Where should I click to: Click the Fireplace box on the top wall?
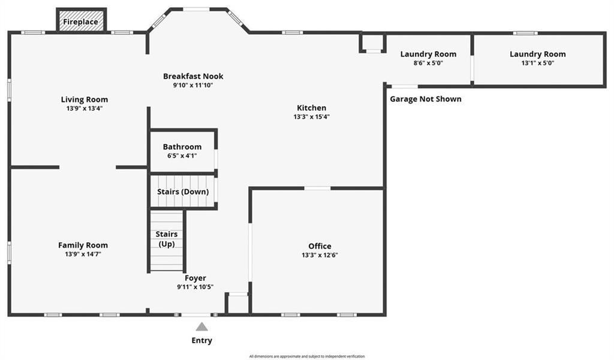pyautogui.click(x=81, y=22)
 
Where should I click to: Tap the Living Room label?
pyautogui.click(x=85, y=100)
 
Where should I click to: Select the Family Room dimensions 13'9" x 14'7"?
pyautogui.click(x=83, y=254)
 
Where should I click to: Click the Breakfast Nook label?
pyautogui.click(x=193, y=76)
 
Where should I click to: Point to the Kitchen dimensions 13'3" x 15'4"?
pyautogui.click(x=312, y=117)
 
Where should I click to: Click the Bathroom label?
pyautogui.click(x=182, y=147)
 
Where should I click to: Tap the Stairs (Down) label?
pyautogui.click(x=182, y=192)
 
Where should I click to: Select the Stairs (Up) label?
pyautogui.click(x=166, y=239)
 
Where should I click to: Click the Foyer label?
pyautogui.click(x=195, y=278)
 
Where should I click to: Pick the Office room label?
pyautogui.click(x=320, y=246)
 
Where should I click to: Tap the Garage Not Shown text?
pyautogui.click(x=426, y=99)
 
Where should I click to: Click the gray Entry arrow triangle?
pyautogui.click(x=202, y=327)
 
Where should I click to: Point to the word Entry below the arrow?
pyautogui.click(x=201, y=341)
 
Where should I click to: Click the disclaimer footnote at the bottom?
pyautogui.click(x=307, y=356)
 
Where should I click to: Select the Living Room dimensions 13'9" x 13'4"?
pyautogui.click(x=85, y=109)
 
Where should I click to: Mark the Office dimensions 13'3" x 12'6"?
pyautogui.click(x=320, y=255)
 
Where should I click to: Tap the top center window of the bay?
pyautogui.click(x=196, y=9)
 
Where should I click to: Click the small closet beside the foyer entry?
pyautogui.click(x=237, y=304)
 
